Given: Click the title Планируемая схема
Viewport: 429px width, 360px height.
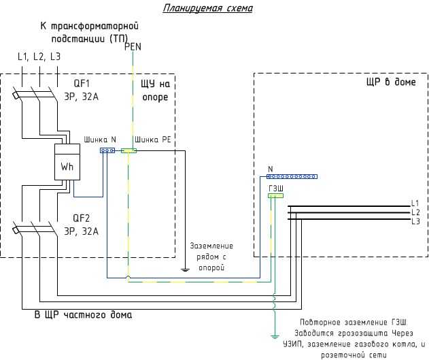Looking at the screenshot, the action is [x=207, y=8].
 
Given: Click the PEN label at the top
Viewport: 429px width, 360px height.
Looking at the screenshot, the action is [x=133, y=47].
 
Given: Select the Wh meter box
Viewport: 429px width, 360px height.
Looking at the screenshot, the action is [x=67, y=162].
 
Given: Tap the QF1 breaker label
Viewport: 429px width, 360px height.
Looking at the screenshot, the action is [x=82, y=84].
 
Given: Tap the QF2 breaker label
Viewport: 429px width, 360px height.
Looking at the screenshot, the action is [x=82, y=218].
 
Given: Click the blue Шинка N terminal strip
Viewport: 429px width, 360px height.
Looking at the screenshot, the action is [x=107, y=150].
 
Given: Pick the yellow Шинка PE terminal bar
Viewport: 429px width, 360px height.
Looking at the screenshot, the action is [x=128, y=150].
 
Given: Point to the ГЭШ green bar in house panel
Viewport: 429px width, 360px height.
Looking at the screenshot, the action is [x=275, y=195].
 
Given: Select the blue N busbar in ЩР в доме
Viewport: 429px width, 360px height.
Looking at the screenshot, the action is [x=292, y=177].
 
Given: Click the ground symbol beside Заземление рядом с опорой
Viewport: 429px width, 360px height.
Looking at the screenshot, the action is [x=185, y=270].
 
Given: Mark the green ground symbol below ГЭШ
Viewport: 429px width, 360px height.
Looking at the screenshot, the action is [x=275, y=336].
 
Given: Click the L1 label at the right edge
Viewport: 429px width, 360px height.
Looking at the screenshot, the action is [x=415, y=203].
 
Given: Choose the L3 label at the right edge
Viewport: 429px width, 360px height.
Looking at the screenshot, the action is [x=415, y=221].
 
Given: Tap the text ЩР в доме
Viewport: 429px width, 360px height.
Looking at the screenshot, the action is [x=391, y=82].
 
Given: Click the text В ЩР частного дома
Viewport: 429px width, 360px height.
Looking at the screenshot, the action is [x=83, y=314].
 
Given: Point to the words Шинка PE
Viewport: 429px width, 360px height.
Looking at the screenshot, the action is [x=153, y=140].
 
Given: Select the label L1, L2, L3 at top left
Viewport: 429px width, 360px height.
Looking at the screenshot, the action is [x=39, y=56].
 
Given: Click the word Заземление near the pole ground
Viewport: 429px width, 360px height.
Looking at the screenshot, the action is [x=211, y=246].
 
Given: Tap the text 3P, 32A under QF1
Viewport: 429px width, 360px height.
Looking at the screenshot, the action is [x=81, y=97].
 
